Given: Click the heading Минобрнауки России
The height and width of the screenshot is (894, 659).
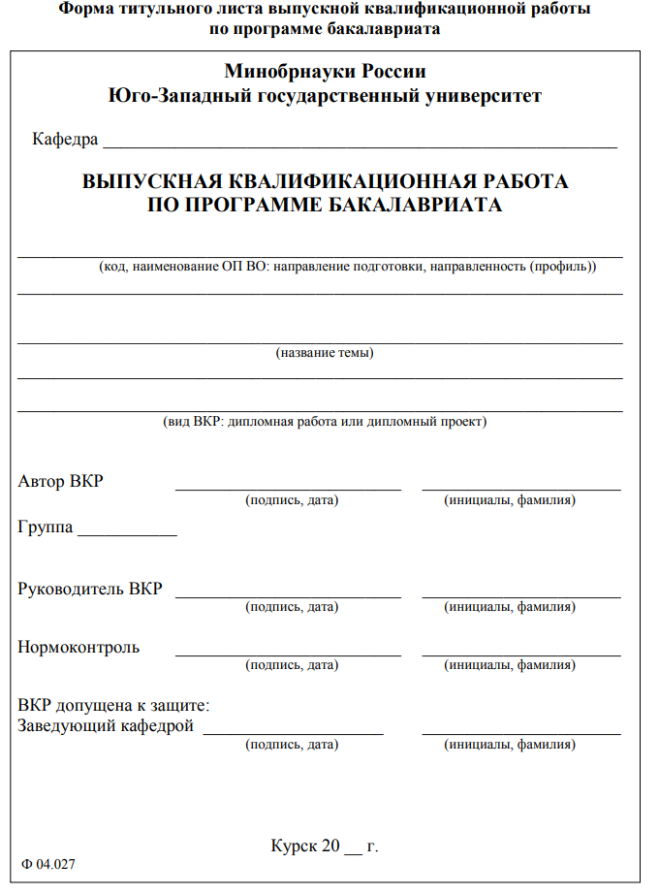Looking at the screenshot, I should (325, 72).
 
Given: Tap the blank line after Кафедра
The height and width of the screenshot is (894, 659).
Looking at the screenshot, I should (360, 144).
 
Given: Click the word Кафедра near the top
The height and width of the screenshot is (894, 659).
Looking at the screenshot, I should (65, 140).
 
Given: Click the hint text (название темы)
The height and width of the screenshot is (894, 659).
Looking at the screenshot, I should (325, 353).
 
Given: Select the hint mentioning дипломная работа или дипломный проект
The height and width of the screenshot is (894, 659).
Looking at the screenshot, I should (324, 422).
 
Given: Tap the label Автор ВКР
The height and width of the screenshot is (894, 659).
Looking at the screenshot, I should (60, 481).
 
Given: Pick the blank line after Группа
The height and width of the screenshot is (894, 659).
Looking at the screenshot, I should (127, 534).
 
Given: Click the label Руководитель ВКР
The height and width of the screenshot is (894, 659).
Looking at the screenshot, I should (90, 589).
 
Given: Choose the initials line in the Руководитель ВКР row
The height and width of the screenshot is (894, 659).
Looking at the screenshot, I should (521, 596).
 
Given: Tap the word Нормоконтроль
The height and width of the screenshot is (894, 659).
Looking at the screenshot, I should (78, 647).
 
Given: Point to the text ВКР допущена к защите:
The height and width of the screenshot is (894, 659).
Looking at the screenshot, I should (114, 706).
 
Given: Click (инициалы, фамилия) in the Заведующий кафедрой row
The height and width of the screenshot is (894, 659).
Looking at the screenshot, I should (510, 746).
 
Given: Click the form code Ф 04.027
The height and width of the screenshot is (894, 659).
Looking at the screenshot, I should (48, 863).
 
